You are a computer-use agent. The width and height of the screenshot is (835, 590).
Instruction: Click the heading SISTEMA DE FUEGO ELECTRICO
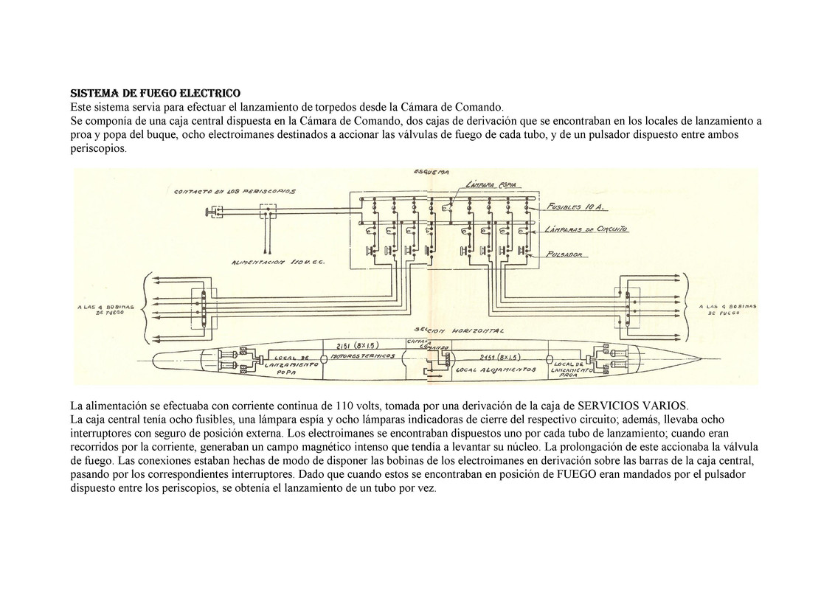[155, 94]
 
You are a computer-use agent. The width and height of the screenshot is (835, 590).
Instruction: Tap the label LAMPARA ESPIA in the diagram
[491, 185]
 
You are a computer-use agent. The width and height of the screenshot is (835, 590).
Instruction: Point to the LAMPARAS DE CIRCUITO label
[589, 231]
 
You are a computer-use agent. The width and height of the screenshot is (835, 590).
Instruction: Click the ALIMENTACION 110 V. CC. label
[278, 262]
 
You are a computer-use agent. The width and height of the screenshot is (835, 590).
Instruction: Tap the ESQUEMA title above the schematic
[432, 173]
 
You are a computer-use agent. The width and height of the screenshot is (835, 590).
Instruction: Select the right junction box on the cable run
[628, 308]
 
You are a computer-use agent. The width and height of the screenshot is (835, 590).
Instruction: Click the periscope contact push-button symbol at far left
[215, 212]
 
